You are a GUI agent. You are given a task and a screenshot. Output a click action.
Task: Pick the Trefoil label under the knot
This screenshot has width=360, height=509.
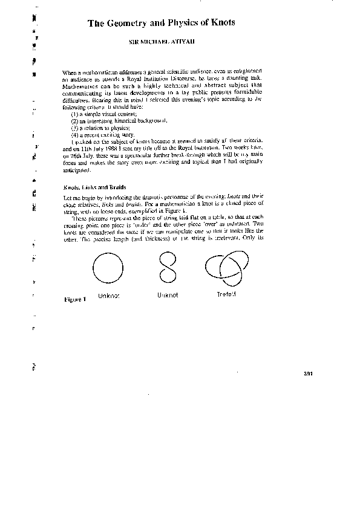tap(225, 294)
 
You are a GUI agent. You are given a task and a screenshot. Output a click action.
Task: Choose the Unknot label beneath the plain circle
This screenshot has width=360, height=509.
tap(109, 296)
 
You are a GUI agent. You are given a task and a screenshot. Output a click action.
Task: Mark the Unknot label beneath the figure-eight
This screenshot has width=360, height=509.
tap(168, 295)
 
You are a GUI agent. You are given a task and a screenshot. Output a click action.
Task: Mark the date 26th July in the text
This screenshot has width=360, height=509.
tap(79, 154)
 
